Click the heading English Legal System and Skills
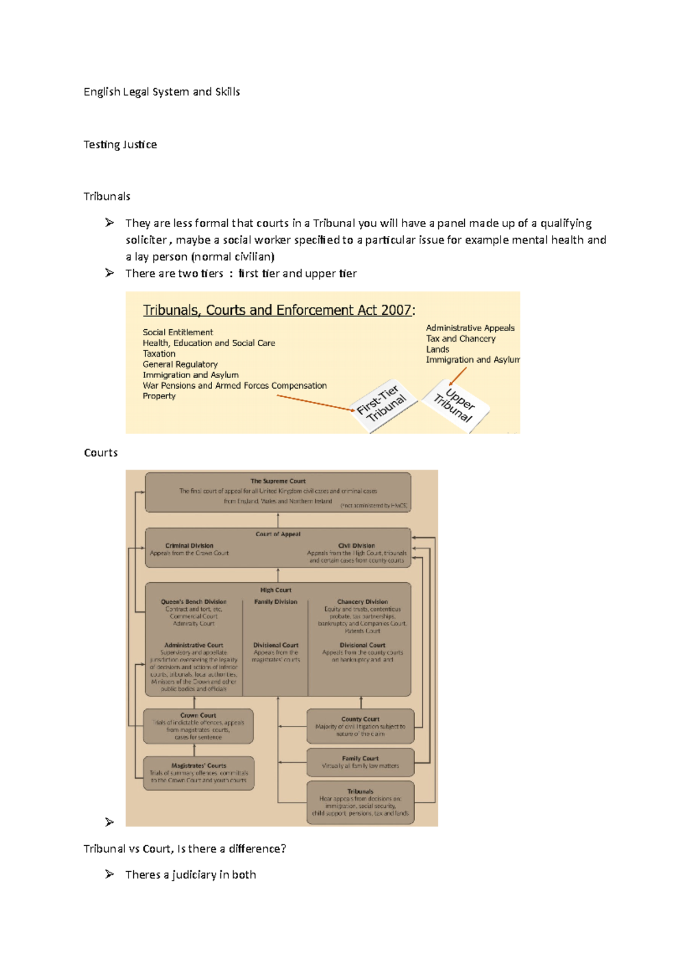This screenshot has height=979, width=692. click(x=161, y=92)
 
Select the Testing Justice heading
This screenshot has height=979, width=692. click(x=120, y=144)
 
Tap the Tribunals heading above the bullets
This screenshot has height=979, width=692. click(x=107, y=196)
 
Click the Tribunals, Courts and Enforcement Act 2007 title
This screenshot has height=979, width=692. click(x=277, y=310)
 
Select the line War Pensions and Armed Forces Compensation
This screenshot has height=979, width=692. click(x=235, y=385)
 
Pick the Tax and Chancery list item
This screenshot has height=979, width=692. click(x=460, y=338)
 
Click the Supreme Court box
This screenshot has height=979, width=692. click(x=278, y=492)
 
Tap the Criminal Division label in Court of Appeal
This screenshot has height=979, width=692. click(x=189, y=545)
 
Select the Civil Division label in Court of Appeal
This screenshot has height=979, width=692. click(x=356, y=545)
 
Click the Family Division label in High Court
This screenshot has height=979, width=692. click(x=276, y=601)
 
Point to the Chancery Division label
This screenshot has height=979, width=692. click(x=362, y=601)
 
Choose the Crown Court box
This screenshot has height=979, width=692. click(x=198, y=726)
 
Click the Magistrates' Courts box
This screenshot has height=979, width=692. click(x=198, y=773)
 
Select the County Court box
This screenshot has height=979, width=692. click(x=360, y=726)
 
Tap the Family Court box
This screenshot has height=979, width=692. click(x=360, y=762)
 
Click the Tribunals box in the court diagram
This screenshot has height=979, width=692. click(x=360, y=802)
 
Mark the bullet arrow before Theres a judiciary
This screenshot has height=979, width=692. click(x=110, y=874)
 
